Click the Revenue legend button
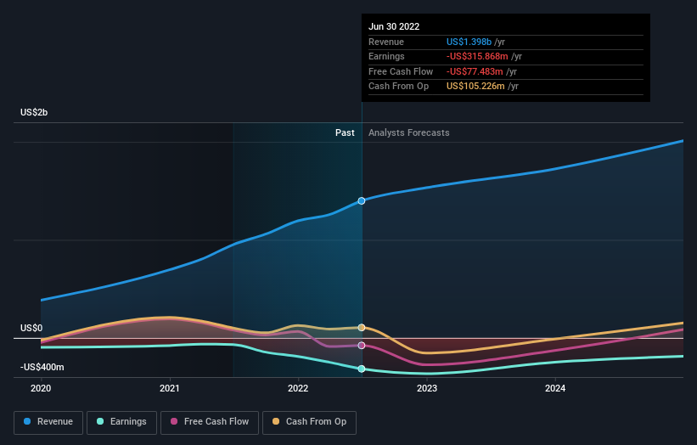(x=48, y=421)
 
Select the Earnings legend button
(x=121, y=421)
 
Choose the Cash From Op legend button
(x=310, y=421)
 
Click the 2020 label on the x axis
(x=41, y=388)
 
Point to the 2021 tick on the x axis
(x=170, y=388)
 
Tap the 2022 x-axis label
(x=298, y=388)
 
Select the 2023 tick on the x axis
(x=427, y=388)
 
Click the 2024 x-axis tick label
(x=555, y=388)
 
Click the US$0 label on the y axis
(x=31, y=329)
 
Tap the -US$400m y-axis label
(x=42, y=367)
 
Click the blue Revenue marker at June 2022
(x=362, y=200)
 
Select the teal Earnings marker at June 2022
(x=362, y=369)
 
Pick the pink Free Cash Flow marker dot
(x=362, y=346)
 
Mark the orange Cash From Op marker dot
(x=362, y=327)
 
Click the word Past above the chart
(x=345, y=132)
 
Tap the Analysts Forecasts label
(x=408, y=132)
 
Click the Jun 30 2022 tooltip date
(x=394, y=27)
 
